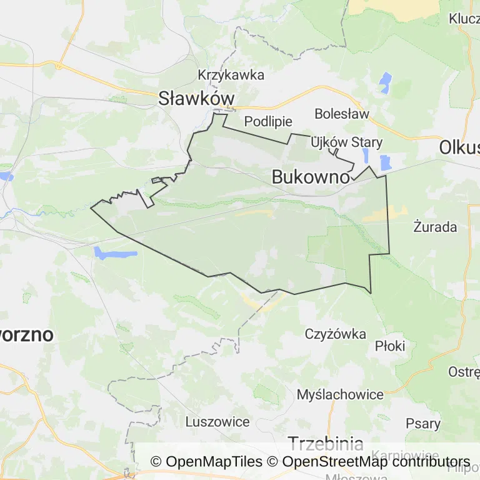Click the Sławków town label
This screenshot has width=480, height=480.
pos(196,98)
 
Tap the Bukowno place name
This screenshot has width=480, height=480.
pos(311,177)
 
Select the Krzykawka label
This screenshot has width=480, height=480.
pos(231,75)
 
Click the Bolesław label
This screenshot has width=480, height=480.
pos(342,114)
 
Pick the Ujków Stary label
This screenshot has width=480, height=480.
pos(347,142)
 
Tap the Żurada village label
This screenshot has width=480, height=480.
pos(435,226)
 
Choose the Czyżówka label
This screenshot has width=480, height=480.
pos(336,334)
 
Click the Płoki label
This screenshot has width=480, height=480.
pos(390,346)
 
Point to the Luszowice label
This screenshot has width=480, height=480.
pos(218,421)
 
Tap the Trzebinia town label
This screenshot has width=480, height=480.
pos(325,444)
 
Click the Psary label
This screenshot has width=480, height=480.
pos(423,423)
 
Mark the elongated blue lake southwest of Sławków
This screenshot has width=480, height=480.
pos(115,253)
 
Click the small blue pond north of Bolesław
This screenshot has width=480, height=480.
pos(385,81)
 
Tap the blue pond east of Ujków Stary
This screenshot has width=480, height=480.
pos(385,162)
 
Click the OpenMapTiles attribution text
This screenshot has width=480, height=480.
pos(206,462)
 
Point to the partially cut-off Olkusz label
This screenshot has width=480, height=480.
pos(459,147)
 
